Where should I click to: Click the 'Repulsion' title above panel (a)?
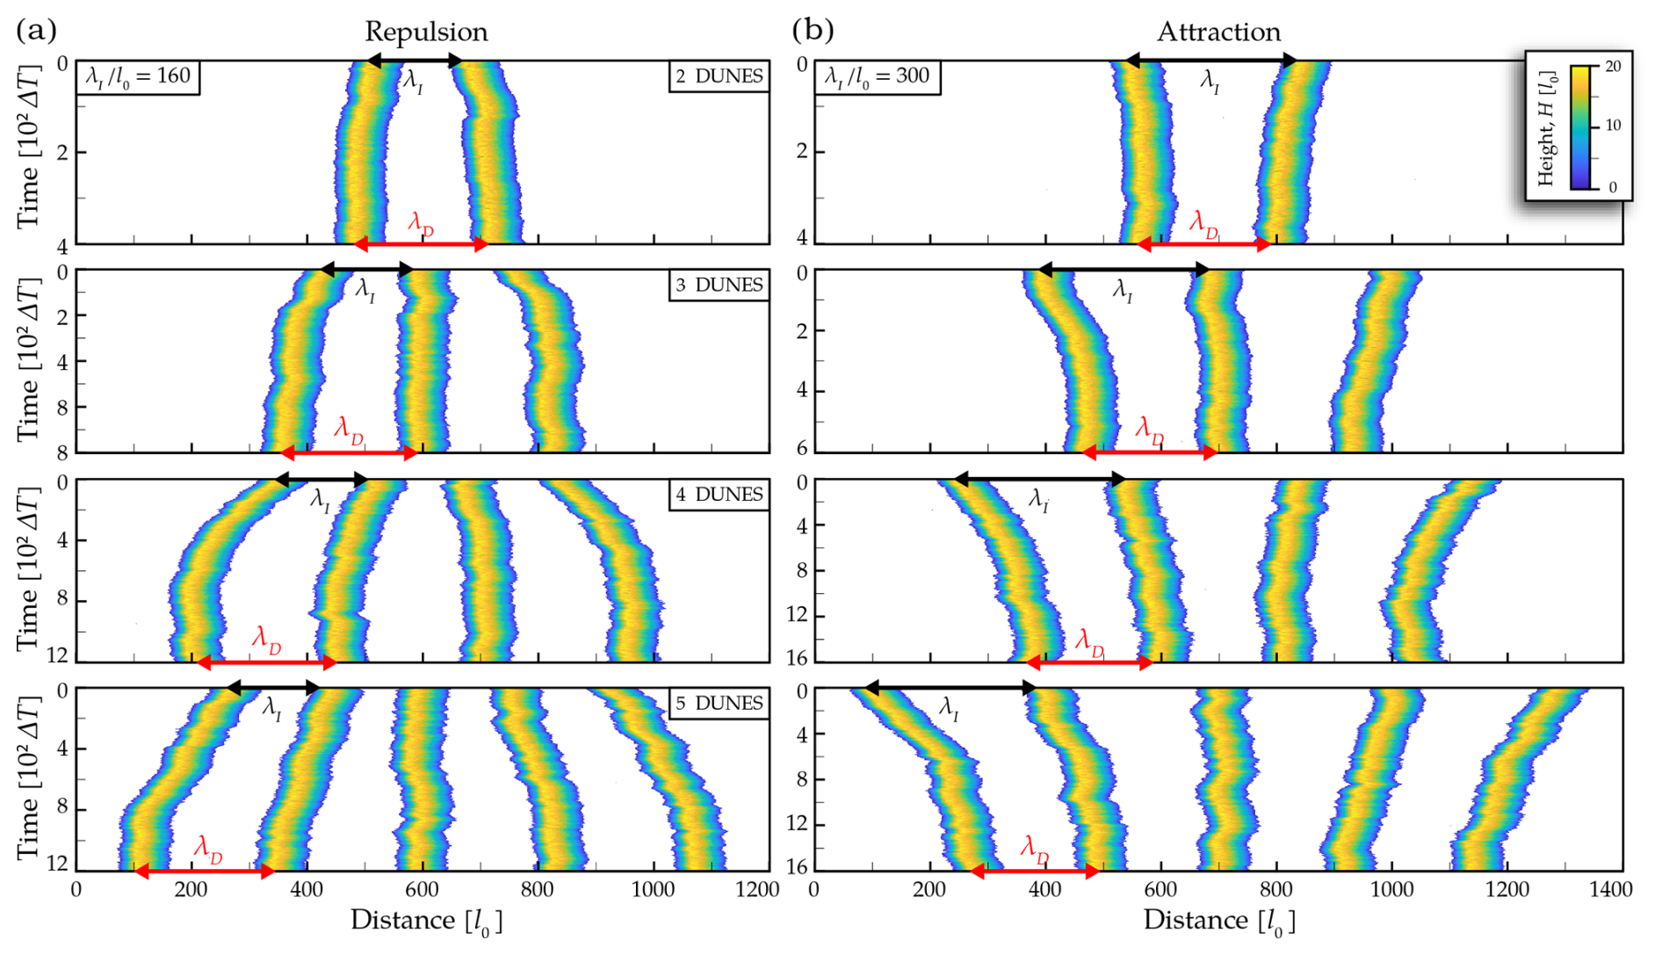click(x=426, y=32)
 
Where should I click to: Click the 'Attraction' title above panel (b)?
click(x=1218, y=32)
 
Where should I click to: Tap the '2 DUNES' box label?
click(x=719, y=76)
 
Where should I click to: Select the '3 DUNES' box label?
click(x=719, y=286)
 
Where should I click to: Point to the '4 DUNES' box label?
click(x=719, y=495)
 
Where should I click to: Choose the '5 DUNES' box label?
click(x=719, y=704)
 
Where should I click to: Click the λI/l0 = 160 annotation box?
click(x=138, y=76)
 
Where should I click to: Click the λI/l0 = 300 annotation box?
click(x=877, y=76)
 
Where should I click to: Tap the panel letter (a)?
click(x=36, y=30)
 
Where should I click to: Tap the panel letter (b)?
click(x=813, y=30)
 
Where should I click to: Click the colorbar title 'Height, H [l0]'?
click(x=1547, y=128)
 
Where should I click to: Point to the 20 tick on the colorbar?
click(x=1613, y=67)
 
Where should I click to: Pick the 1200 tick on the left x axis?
click(x=757, y=890)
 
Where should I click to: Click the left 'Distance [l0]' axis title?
click(x=426, y=921)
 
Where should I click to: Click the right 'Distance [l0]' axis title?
click(x=1218, y=921)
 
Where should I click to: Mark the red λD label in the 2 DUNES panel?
click(x=421, y=224)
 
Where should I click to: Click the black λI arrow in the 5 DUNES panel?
click(x=273, y=688)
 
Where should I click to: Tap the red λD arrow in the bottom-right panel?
click(x=1036, y=872)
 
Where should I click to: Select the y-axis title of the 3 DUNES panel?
click(x=28, y=360)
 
